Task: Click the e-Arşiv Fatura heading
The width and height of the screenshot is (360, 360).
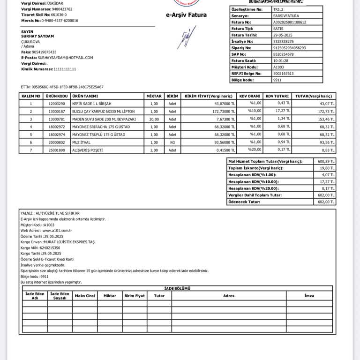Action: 186,15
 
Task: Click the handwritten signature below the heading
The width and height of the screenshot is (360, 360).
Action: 184,37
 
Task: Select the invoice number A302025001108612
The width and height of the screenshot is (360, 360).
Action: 289,22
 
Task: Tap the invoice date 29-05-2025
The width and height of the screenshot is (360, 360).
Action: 283,35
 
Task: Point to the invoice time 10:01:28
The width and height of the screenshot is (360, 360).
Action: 280,60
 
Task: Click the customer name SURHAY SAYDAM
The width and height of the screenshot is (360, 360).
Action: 38,36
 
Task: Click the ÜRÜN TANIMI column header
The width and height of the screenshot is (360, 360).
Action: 85,96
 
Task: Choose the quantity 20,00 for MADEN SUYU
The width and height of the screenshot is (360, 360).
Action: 154,119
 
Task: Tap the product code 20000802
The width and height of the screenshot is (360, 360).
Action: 57,142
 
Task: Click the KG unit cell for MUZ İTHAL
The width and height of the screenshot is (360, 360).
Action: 172,142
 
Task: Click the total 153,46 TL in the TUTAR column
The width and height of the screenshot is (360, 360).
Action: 326,119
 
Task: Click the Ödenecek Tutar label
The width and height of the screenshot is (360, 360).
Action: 244,202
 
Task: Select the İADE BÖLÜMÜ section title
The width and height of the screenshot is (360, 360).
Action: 177,289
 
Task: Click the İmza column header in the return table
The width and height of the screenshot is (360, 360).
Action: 309,296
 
